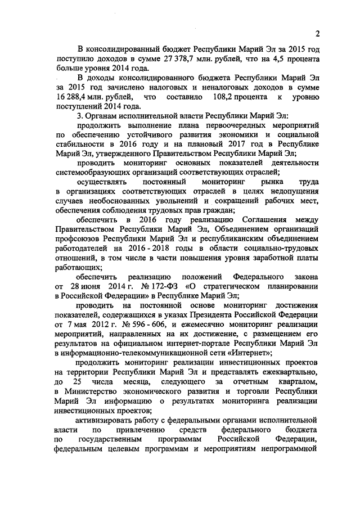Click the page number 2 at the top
(x=317, y=33)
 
